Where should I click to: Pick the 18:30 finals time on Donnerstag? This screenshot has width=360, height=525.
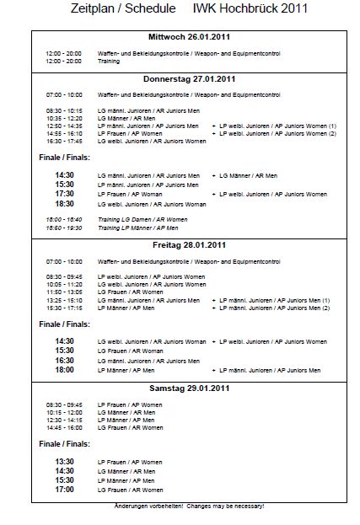64,204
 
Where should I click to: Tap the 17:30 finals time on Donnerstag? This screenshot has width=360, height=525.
64,194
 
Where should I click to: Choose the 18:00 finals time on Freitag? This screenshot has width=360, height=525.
64,370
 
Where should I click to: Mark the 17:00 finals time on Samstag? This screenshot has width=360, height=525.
64,490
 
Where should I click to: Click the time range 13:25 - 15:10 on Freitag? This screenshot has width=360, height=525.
64,300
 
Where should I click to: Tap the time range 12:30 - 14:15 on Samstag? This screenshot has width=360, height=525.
64,420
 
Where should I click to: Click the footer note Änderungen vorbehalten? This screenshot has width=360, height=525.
149,506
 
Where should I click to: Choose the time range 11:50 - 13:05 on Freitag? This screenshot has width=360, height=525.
64,292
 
